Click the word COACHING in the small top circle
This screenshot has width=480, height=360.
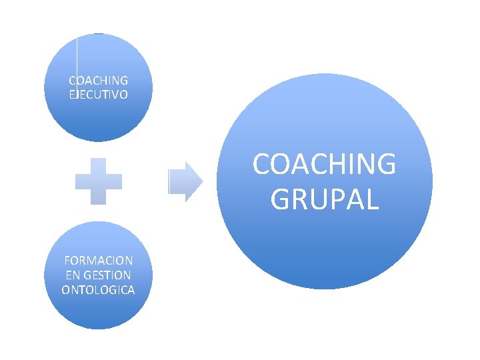(x=99, y=81)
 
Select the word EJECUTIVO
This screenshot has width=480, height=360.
(x=99, y=95)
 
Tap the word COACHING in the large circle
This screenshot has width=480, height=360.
(x=324, y=165)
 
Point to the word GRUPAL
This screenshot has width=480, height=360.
(x=325, y=199)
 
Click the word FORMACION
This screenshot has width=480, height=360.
(x=98, y=260)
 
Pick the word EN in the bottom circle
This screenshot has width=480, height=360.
(x=73, y=275)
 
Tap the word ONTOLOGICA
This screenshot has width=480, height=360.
(x=98, y=289)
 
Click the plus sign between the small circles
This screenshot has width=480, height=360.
(x=99, y=181)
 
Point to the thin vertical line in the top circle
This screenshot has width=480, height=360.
(x=77, y=57)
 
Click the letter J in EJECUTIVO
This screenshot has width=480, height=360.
(x=79, y=95)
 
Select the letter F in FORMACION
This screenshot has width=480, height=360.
(x=67, y=260)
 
